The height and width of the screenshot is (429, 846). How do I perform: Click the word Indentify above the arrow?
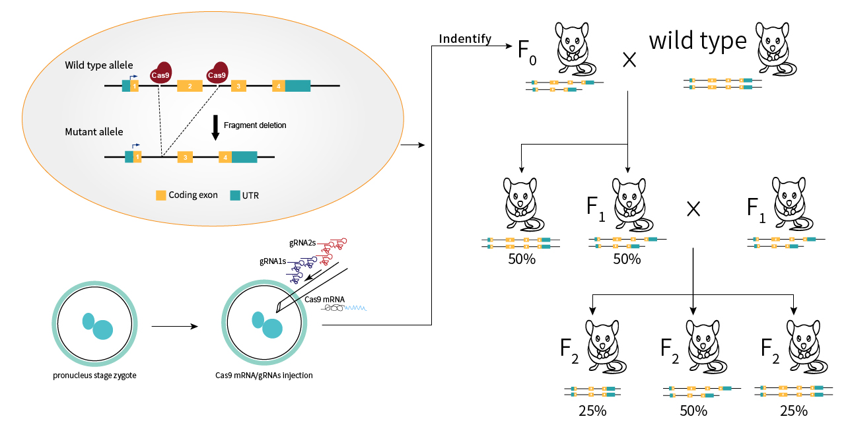coord(465,39)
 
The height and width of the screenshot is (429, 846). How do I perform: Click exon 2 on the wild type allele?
coord(190,86)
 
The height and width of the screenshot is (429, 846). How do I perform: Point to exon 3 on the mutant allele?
coord(186,157)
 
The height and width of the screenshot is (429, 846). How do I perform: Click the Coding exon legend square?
coord(160,195)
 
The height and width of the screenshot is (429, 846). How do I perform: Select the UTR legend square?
coord(235,195)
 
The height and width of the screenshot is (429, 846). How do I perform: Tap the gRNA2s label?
coord(303,244)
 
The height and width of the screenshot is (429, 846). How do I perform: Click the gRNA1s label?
coord(273,261)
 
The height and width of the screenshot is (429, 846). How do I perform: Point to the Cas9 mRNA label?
coord(325,299)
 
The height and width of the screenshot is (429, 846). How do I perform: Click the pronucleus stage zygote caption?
coord(96,376)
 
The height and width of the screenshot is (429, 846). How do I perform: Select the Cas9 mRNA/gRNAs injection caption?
coord(264,376)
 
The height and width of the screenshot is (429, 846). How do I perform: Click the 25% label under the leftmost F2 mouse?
coord(592,411)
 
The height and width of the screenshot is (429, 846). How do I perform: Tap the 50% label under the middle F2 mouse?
coord(693,411)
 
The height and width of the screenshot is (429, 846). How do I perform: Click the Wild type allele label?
coord(99,65)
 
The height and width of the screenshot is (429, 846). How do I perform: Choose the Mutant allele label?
coord(94,132)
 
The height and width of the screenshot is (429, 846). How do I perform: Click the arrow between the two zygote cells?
coord(174,326)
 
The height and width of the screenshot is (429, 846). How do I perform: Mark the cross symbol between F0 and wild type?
coord(629,60)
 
